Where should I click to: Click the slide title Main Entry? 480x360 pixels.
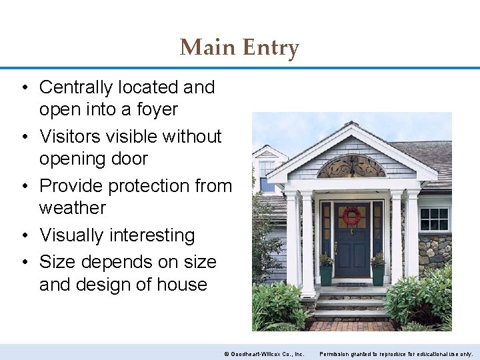click(x=239, y=47)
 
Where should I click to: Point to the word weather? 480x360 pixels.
click(x=72, y=208)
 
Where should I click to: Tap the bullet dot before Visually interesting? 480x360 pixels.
click(x=23, y=236)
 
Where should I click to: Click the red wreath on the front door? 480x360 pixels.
click(x=351, y=215)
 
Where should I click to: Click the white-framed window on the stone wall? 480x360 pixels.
click(x=434, y=219)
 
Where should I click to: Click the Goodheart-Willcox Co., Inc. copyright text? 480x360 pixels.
click(x=264, y=353)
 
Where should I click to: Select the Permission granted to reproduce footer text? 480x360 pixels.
click(x=397, y=353)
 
